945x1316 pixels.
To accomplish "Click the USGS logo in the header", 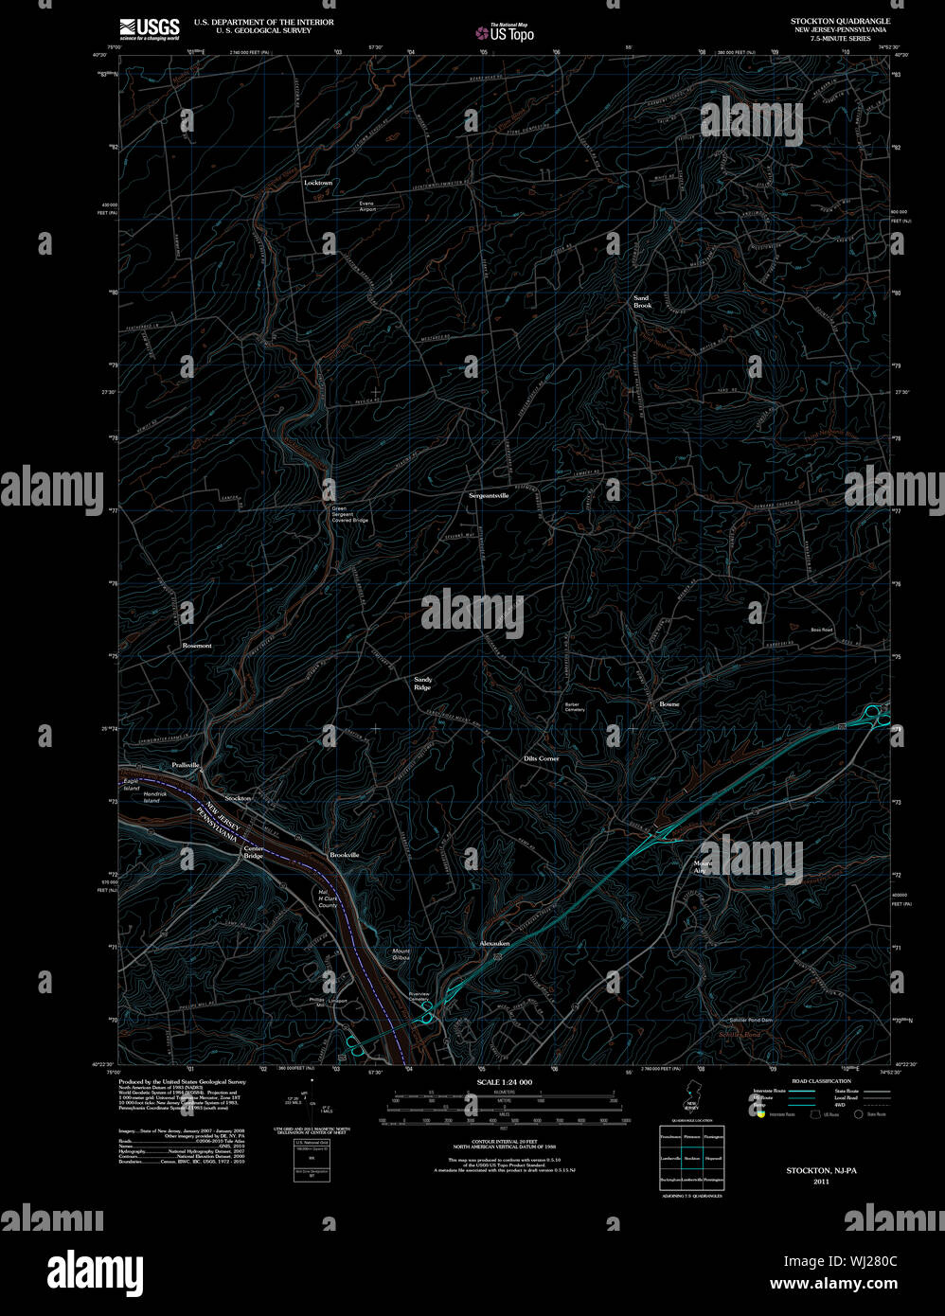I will coord(150,27).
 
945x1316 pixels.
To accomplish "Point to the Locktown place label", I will coord(318,183).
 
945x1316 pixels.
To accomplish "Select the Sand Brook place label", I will coord(643,302).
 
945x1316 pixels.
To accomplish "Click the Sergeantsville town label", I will coord(489,495).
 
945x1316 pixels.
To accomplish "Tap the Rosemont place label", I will coord(197,646).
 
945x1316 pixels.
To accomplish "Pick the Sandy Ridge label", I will coord(422,684).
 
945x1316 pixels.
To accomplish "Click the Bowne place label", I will coord(669,704).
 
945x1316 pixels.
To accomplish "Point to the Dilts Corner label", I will coord(542,758).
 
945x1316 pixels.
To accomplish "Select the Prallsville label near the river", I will coord(186,764).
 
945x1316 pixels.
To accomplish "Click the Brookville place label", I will coord(345,855).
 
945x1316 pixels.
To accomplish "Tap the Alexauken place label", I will coord(494,943).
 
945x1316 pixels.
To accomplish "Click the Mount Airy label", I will coord(703,866).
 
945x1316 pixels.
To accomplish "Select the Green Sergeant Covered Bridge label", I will coord(349,514).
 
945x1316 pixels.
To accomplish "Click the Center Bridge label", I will coord(254,852).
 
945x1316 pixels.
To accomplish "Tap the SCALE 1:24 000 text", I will coord(505,1082).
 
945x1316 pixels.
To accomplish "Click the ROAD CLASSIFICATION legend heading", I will coord(821,1080).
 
